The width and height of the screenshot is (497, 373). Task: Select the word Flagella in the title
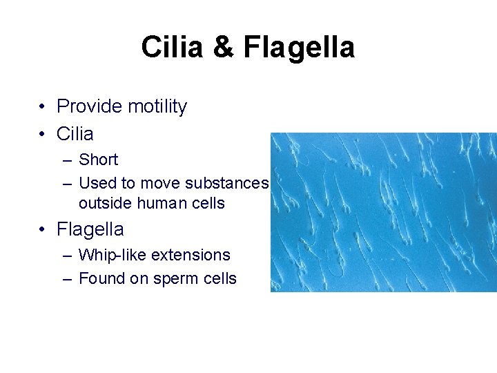click(300, 48)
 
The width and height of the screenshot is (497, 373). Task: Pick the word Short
click(99, 160)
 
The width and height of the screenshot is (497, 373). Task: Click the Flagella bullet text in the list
click(90, 229)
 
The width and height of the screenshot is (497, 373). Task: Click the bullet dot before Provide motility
click(43, 107)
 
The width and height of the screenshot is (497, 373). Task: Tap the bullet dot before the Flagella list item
click(43, 229)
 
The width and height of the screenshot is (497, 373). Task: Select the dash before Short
click(66, 160)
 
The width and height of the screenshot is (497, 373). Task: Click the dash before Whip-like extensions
click(66, 256)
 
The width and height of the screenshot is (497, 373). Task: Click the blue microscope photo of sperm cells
click(383, 212)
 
